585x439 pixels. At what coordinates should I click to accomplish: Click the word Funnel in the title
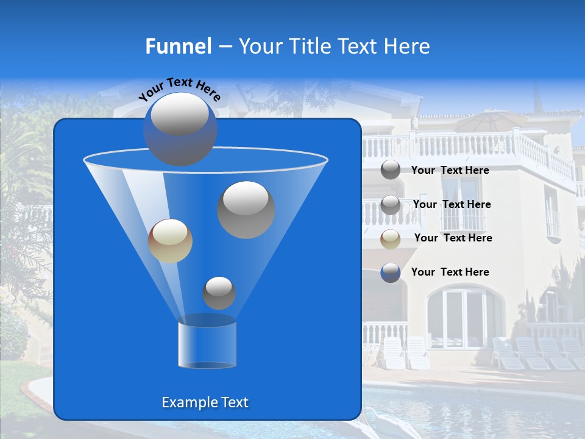pyautogui.click(x=178, y=46)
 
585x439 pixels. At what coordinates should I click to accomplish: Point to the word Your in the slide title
pyautogui.click(x=260, y=46)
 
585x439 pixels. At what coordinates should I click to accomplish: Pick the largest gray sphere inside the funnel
pyautogui.click(x=246, y=209)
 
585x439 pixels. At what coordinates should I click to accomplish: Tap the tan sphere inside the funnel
pyautogui.click(x=170, y=241)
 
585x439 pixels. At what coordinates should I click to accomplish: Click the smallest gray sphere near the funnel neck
pyautogui.click(x=219, y=293)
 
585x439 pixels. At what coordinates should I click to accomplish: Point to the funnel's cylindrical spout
pyautogui.click(x=207, y=345)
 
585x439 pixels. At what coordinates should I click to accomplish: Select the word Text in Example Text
pyautogui.click(x=234, y=402)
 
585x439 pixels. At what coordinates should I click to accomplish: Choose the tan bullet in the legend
pyautogui.click(x=391, y=239)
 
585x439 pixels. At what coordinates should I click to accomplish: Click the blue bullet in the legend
pyautogui.click(x=391, y=273)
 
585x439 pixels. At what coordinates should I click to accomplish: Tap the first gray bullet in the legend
pyautogui.click(x=391, y=170)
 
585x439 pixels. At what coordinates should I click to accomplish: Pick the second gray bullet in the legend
pyautogui.click(x=391, y=205)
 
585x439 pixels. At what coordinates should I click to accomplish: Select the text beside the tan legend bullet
pyautogui.click(x=453, y=238)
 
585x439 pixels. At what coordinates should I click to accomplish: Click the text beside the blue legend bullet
pyautogui.click(x=450, y=272)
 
